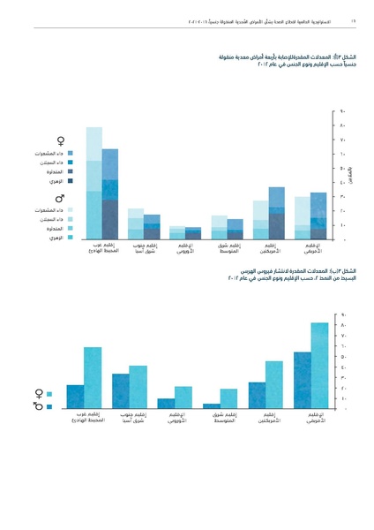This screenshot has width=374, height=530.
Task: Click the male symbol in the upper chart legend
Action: point(60,197)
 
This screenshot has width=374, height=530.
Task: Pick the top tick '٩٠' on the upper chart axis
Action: point(342,112)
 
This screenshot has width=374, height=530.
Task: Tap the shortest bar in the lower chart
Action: point(212,405)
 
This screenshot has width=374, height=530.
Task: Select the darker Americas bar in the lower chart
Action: point(257,395)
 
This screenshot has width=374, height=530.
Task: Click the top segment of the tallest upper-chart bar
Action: point(94,143)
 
